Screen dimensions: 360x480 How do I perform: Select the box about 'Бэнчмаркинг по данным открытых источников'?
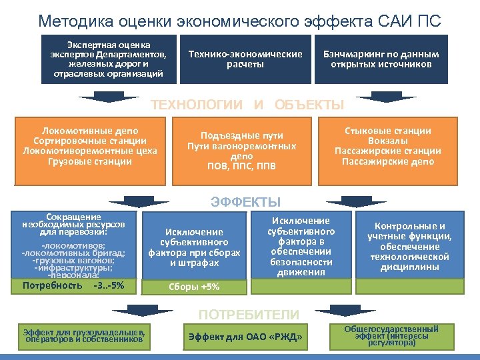pyautogui.click(x=381, y=59)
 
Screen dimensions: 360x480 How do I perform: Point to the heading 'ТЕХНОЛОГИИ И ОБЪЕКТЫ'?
pyautogui.click(x=247, y=105)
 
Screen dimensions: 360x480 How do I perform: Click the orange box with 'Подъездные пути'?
pyautogui.click(x=241, y=150)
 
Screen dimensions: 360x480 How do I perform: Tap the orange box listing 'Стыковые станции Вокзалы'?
pyautogui.click(x=387, y=146)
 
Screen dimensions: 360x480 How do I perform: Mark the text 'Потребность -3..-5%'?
pyautogui.click(x=73, y=286)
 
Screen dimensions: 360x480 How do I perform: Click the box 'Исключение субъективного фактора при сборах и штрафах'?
pyautogui.click(x=194, y=247)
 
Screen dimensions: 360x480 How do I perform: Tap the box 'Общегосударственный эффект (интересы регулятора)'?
pyautogui.click(x=391, y=336)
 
